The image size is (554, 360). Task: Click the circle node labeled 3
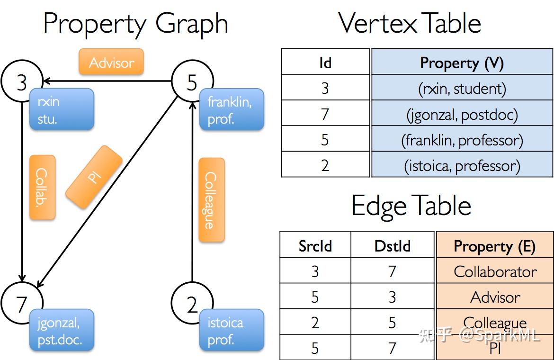22,82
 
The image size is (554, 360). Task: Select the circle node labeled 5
192,82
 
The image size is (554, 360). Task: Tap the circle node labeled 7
22,304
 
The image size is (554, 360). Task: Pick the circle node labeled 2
192,304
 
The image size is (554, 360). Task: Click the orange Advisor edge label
111,62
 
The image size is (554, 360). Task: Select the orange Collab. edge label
42,187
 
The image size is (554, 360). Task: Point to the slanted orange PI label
94,177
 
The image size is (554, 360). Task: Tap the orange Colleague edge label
211,200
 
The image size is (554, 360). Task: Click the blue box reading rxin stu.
62,109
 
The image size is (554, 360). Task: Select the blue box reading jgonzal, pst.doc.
62,330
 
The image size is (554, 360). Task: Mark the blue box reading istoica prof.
232,330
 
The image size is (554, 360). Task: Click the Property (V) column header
462,62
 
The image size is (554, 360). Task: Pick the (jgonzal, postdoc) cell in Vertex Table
462,114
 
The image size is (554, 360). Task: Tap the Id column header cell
325,62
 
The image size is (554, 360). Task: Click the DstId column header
392,245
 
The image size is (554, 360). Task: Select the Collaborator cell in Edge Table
495,271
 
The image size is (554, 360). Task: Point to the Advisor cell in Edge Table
495,297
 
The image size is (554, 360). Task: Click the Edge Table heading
411,206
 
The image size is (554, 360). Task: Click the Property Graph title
135,24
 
